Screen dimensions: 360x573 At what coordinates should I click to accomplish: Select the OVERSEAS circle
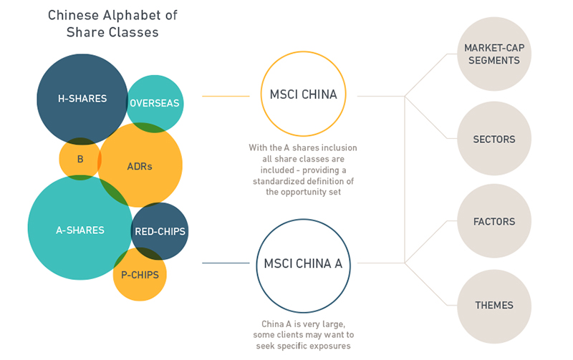pos(155,102)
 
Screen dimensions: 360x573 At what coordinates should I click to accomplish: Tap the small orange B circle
pos(80,159)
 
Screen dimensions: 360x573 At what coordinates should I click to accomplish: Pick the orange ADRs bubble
pos(141,166)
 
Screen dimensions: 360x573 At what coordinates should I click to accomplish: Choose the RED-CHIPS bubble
pos(160,231)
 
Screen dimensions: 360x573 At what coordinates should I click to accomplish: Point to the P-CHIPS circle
pos(140,274)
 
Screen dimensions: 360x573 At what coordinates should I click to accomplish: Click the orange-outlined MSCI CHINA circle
pos(303,94)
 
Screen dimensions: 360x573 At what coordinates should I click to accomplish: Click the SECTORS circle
pos(494,139)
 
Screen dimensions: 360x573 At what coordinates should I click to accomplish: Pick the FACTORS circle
pos(494,222)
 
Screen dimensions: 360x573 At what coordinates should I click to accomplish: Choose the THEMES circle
pos(494,306)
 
